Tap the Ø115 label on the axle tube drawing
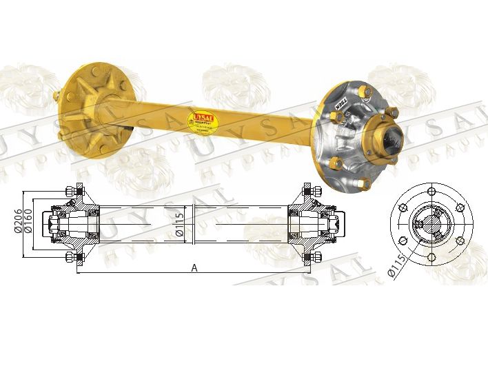pyautogui.click(x=179, y=224)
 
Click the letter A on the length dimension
pyautogui.click(x=194, y=268)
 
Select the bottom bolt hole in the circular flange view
pyautogui.click(x=431, y=257)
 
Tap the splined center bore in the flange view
pyautogui.click(x=430, y=223)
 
